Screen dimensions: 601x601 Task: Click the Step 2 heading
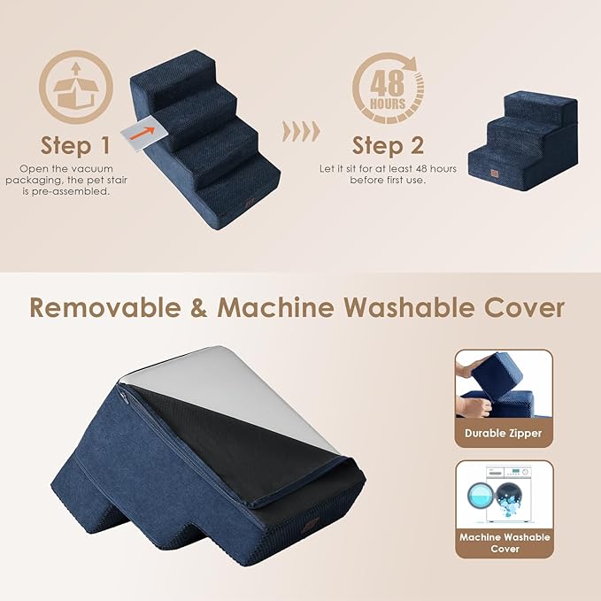(387, 144)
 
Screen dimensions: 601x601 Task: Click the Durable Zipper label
(503, 434)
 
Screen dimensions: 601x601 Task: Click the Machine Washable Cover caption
(504, 543)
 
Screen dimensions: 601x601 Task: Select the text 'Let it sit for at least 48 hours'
(388, 168)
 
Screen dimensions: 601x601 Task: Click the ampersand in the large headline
(199, 307)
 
